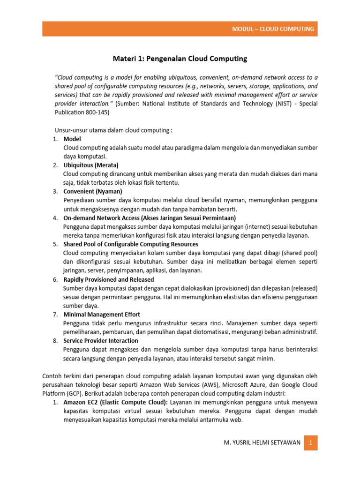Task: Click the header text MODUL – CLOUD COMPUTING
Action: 273,29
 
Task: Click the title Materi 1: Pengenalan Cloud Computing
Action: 180,59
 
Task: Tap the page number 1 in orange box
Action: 311,442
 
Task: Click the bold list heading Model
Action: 72,139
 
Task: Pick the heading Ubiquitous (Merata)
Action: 91,165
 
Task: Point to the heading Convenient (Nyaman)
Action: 93,191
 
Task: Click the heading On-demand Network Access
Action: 150,218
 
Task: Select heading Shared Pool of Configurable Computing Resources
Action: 131,244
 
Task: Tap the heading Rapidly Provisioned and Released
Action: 109,279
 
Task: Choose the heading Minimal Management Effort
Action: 102,314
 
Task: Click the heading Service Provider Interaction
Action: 101,341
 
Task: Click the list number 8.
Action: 54,341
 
